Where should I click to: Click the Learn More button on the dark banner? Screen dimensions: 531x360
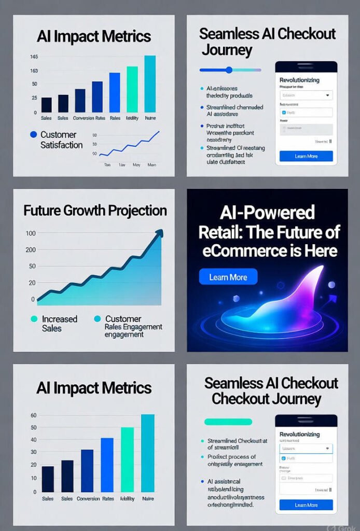[x=228, y=277]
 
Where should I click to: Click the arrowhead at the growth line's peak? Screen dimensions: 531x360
[x=158, y=234]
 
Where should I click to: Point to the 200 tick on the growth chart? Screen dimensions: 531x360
[x=31, y=250]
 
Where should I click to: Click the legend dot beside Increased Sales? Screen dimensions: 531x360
[x=34, y=319]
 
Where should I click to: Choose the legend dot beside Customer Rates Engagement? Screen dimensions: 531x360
[x=97, y=319]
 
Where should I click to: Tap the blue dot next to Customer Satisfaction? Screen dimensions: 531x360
[x=34, y=134]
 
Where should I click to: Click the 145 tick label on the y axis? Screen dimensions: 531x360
[x=34, y=57]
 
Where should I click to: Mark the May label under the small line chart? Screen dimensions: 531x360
[x=137, y=164]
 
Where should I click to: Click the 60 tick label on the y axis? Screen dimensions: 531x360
[x=33, y=415]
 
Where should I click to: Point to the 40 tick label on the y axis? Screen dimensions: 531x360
[x=33, y=440]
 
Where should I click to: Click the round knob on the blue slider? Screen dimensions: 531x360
[x=229, y=69]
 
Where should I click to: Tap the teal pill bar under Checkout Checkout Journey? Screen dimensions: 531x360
[x=228, y=422]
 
